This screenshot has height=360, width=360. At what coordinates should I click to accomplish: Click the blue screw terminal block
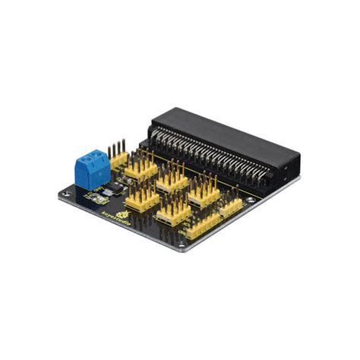(x=92, y=169)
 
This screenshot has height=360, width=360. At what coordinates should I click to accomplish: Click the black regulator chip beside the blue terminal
(x=112, y=187)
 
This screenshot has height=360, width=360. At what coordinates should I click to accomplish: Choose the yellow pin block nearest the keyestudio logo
(x=141, y=199)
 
